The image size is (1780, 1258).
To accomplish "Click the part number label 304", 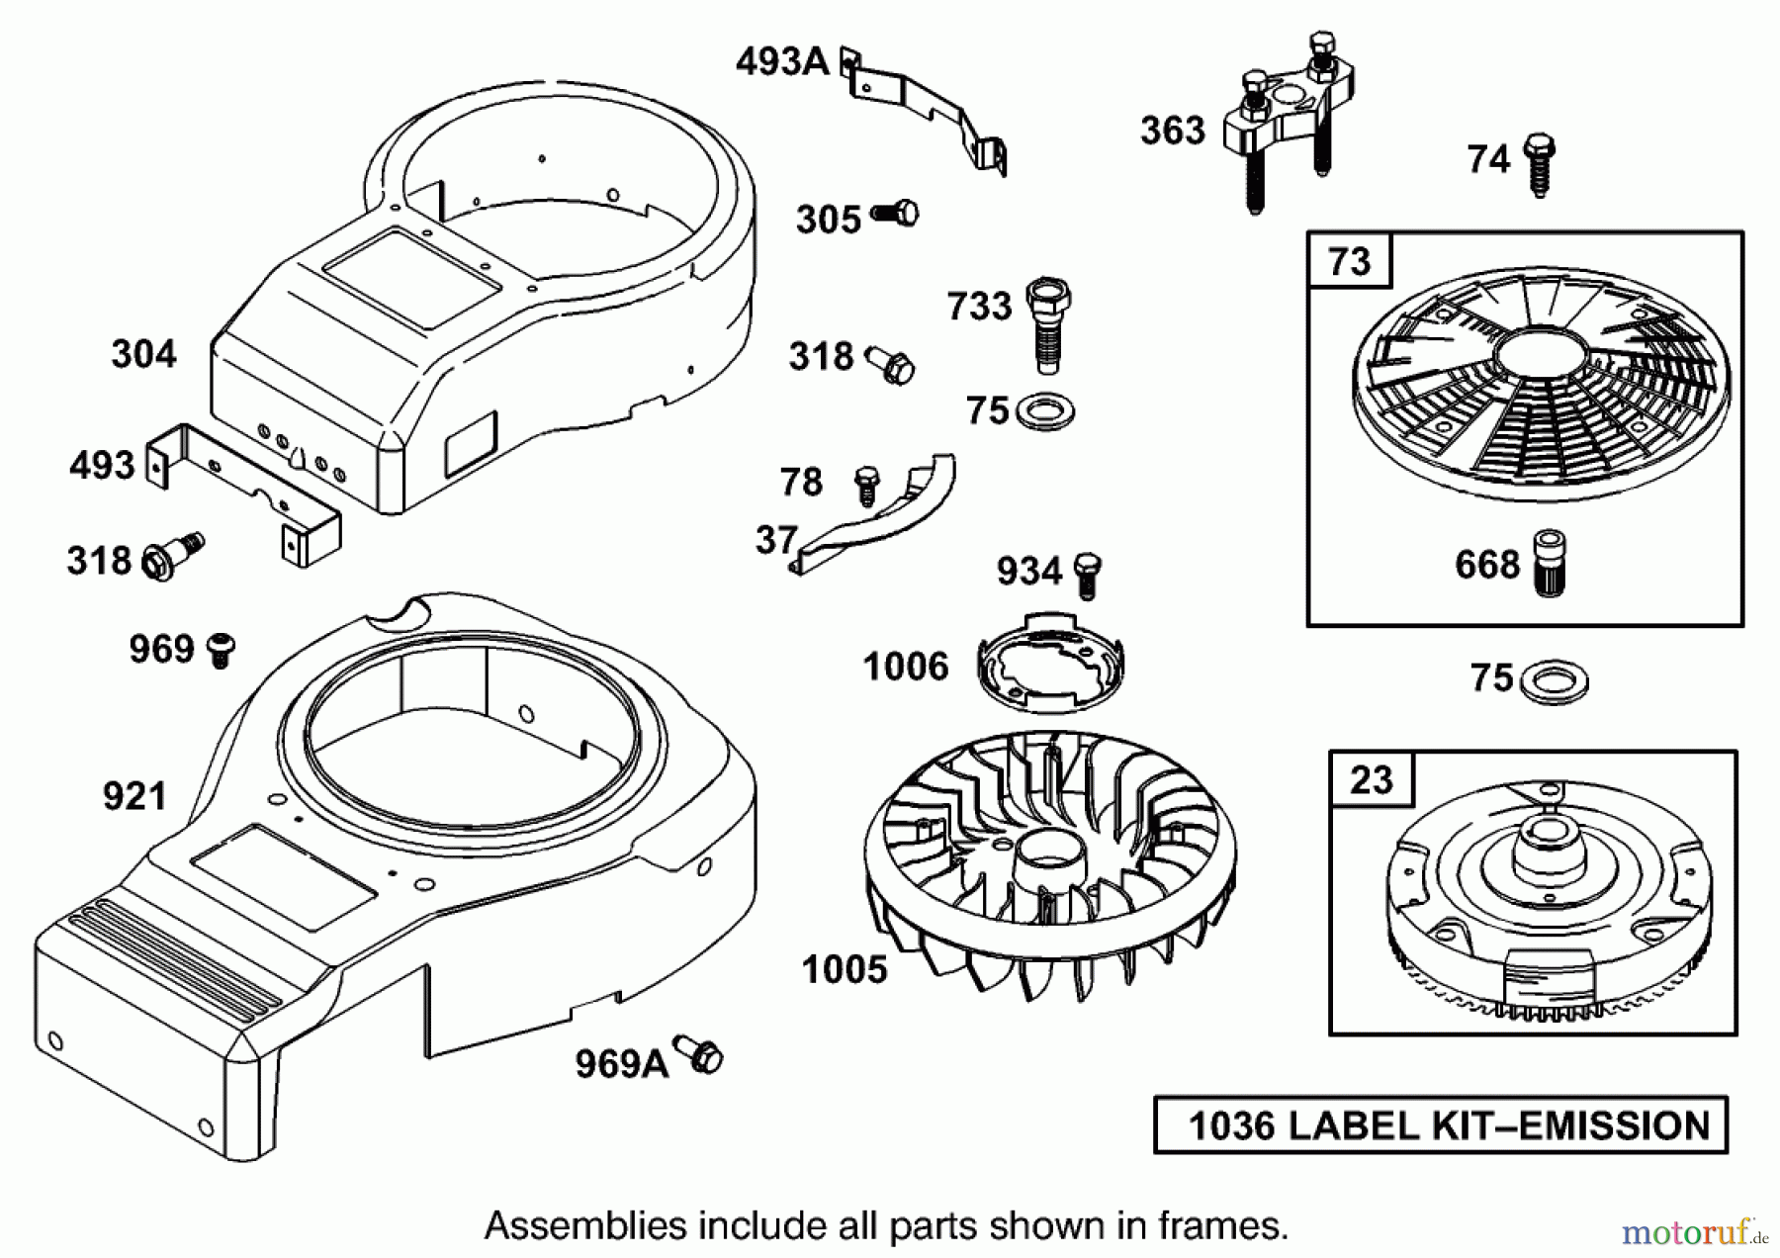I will tap(143, 354).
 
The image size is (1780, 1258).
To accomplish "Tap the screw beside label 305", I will tap(897, 213).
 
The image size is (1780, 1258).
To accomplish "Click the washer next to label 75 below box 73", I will tap(1552, 681).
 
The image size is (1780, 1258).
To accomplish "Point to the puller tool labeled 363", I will tap(1286, 124).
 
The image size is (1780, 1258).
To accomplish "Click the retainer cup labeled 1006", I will tap(1050, 664).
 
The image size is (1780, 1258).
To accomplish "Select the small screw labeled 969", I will tap(221, 650).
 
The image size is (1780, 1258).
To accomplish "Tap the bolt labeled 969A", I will tap(700, 1054).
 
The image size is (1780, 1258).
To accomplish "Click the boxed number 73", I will tap(1350, 262).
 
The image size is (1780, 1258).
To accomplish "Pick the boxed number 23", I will tap(1371, 780).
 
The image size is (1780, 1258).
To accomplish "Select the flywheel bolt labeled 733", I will tap(1048, 322).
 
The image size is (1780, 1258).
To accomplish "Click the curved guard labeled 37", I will tap(880, 519).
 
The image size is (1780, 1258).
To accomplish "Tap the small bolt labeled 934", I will tap(1087, 575).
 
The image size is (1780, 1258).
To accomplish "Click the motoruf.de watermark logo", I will tap(1691, 1232).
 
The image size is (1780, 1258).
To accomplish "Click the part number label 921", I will tap(134, 796).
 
